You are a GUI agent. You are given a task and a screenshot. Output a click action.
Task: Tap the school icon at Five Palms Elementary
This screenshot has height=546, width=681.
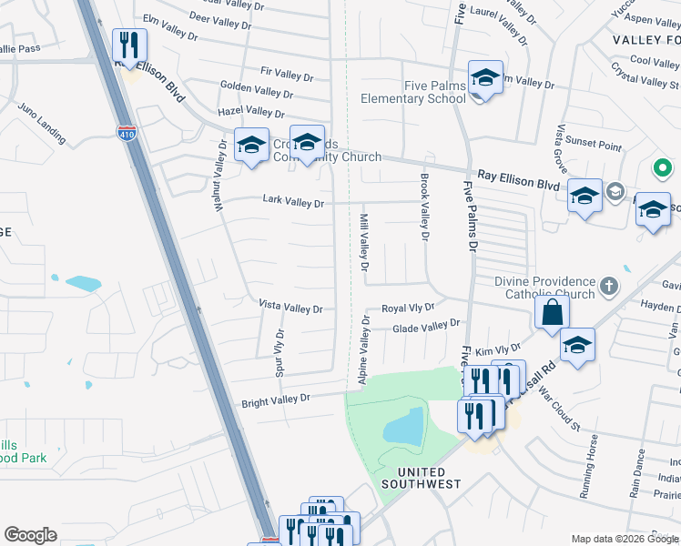[x=485, y=78]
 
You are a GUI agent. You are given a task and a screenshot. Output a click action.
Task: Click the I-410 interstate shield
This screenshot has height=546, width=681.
[x=127, y=133]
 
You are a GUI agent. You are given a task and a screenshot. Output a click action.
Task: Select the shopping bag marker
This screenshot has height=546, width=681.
[x=552, y=313]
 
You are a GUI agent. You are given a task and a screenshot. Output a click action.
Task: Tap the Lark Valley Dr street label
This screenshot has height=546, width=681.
[x=293, y=202]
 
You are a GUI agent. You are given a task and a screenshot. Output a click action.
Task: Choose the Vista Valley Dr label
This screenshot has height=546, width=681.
[x=290, y=308]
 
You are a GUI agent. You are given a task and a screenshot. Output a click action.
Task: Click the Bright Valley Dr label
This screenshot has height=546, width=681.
[x=276, y=399]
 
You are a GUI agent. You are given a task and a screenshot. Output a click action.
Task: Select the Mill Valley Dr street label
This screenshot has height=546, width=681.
[x=363, y=243]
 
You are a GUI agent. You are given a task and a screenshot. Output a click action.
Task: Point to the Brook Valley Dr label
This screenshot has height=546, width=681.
[x=423, y=207]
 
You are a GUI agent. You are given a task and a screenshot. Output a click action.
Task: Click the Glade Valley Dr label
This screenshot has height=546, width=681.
[x=426, y=325]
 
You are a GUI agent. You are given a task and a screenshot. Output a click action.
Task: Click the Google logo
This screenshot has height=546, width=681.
[x=30, y=535]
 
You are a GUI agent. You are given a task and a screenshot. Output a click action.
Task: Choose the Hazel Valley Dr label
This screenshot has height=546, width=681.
[x=253, y=111]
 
